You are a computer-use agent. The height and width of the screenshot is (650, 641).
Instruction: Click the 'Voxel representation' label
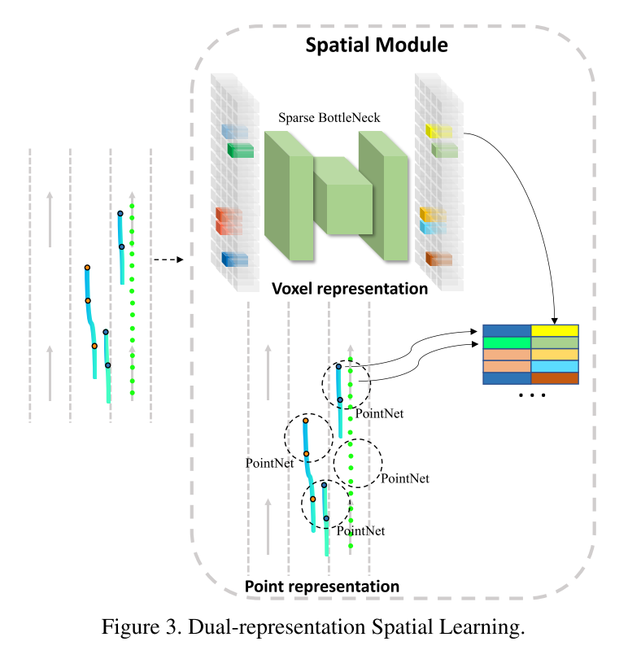[350, 289]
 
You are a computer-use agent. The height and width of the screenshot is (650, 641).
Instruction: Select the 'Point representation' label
[322, 586]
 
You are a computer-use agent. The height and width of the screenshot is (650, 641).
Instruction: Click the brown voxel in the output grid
[438, 259]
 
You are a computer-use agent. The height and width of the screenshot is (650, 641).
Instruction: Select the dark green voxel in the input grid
[241, 149]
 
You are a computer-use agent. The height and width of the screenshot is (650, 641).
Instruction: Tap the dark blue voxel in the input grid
[234, 260]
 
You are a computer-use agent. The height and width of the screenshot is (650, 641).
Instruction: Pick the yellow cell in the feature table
[555, 330]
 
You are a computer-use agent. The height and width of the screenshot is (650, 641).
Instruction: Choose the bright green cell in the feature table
[507, 342]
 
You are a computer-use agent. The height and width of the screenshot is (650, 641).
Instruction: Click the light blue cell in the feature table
[555, 366]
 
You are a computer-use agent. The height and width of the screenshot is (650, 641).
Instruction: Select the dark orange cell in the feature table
[555, 378]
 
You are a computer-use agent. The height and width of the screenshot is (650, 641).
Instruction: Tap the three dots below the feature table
[530, 395]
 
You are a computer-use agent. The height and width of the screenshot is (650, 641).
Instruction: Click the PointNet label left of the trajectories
[268, 462]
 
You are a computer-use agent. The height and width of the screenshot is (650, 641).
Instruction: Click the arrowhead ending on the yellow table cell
[555, 321]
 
